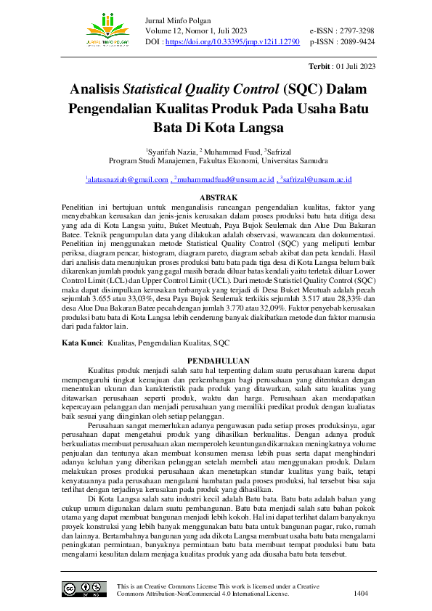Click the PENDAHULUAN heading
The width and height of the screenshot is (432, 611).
[x=219, y=361]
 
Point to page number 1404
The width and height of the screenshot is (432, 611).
[x=360, y=594]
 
